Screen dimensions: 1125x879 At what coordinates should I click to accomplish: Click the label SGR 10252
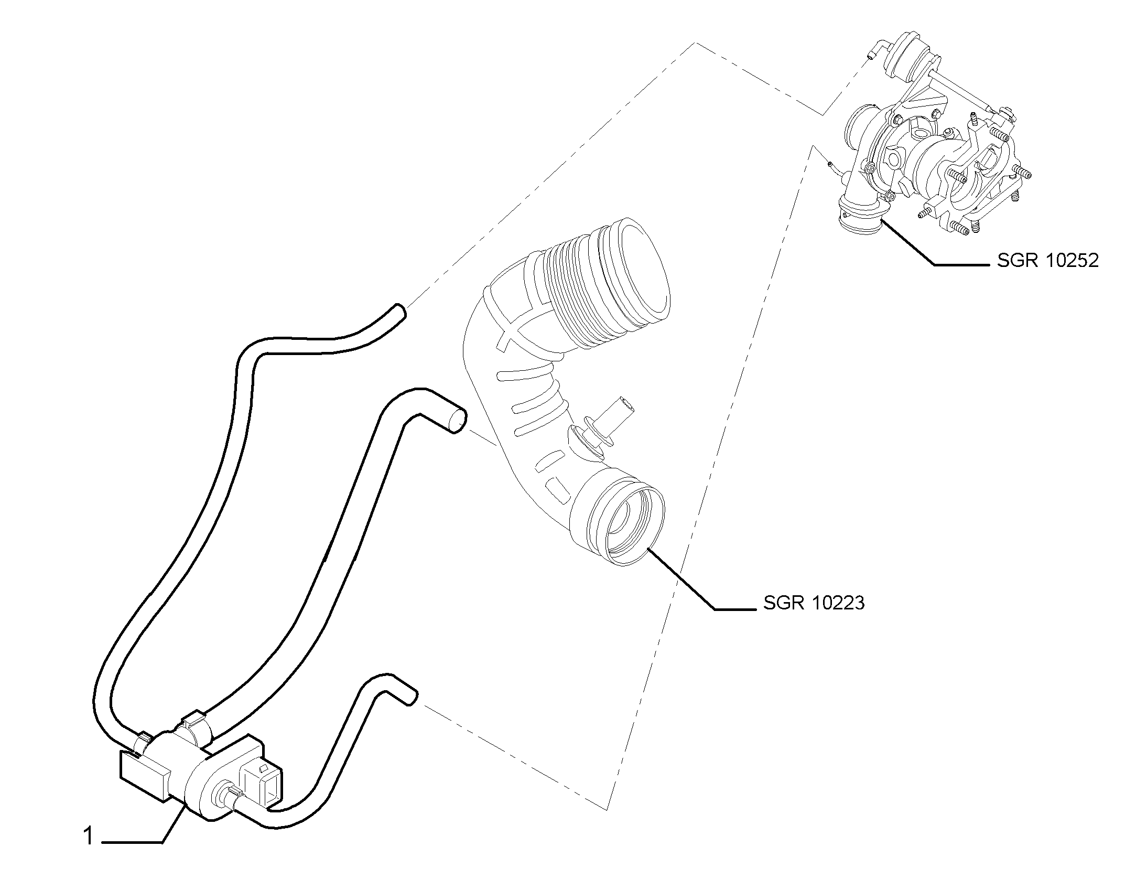point(1047,260)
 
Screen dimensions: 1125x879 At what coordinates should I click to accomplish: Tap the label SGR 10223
point(814,603)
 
